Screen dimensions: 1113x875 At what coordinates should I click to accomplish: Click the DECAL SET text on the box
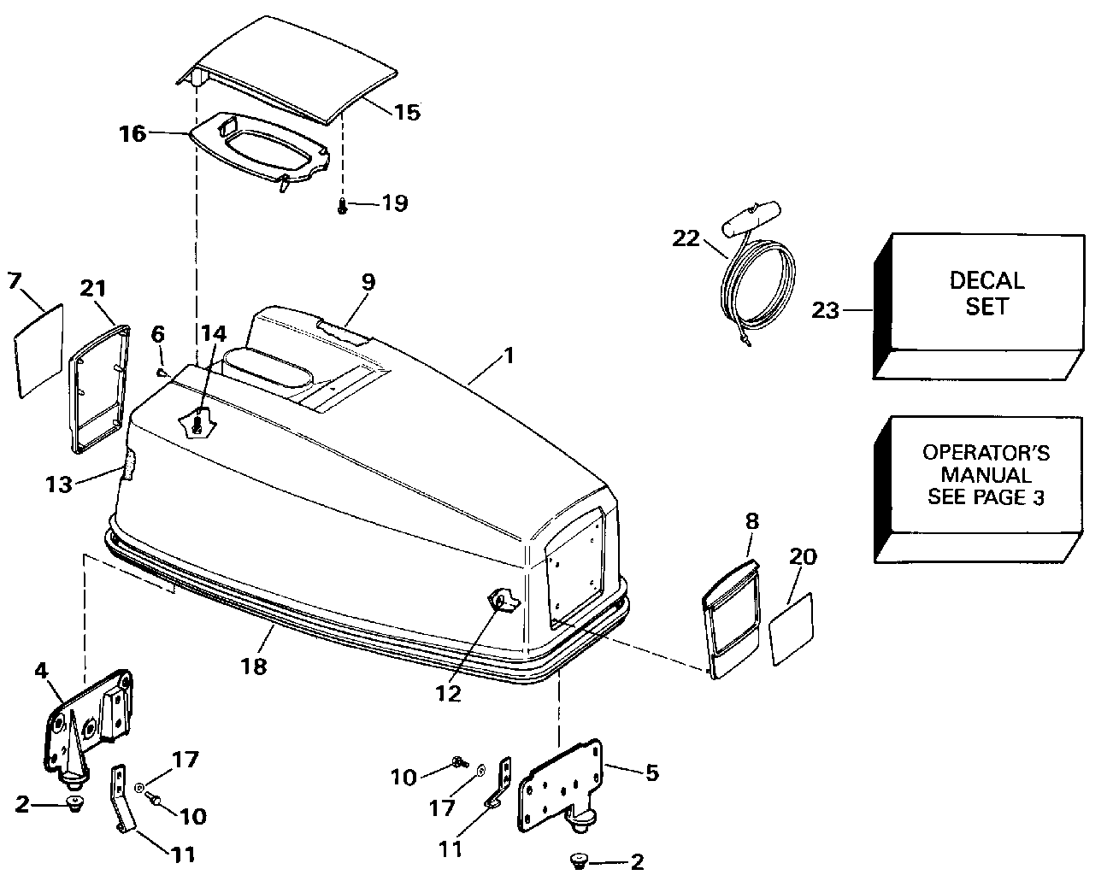coord(986,293)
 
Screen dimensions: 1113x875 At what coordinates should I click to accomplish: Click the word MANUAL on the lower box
coord(986,475)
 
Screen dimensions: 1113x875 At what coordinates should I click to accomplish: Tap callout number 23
coord(825,310)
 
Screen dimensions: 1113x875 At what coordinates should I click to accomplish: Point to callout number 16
coord(132,134)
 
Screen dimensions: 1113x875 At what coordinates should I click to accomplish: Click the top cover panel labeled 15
coord(287,70)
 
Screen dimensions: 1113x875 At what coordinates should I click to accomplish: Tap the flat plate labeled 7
coord(38,350)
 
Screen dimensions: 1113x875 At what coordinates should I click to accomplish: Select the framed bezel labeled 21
coord(99,389)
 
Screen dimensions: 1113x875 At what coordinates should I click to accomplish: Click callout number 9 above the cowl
coord(368,282)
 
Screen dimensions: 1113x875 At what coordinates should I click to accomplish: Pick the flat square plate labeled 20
coord(792,629)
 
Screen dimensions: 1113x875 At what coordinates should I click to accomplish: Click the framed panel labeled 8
coord(731,619)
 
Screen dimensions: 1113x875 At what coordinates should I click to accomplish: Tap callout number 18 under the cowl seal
coord(254,667)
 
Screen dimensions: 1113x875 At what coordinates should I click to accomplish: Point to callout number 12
coord(448,694)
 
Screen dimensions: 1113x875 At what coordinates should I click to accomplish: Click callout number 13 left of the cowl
coord(59,484)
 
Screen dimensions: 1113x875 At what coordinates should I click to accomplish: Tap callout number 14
coord(214,334)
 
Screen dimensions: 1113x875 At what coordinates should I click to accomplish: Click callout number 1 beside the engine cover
coord(509,355)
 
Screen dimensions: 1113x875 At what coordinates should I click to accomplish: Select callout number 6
coord(158,334)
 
